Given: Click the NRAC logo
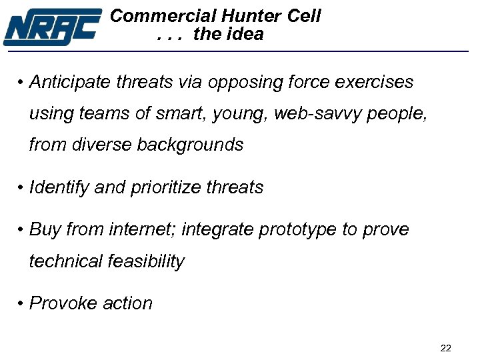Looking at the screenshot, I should (x=52, y=26).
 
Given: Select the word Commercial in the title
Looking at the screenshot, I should (x=163, y=15).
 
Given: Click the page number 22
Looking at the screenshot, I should (x=446, y=347).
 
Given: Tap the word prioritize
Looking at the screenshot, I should (x=165, y=188).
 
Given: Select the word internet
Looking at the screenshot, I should (x=143, y=230).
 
